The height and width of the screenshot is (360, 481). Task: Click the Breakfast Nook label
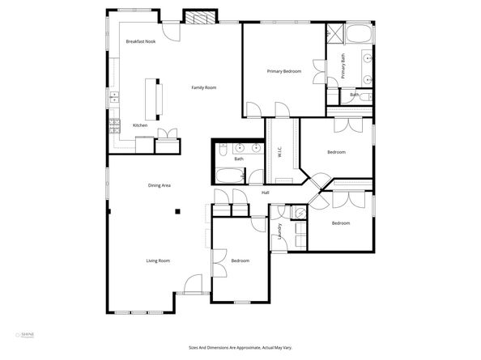[x=139, y=41]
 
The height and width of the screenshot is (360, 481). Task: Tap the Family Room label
[x=203, y=87]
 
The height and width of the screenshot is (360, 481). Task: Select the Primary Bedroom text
[x=284, y=71]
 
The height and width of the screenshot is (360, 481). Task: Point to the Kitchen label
[x=139, y=125]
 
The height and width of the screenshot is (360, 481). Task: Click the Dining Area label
[x=159, y=185]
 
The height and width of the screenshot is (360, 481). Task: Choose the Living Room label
[x=158, y=260]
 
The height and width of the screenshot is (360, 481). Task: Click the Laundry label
[x=280, y=231]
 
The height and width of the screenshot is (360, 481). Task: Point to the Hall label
[x=265, y=193]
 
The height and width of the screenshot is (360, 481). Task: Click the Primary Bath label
[x=343, y=66]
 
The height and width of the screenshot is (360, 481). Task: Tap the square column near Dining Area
[x=178, y=212]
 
